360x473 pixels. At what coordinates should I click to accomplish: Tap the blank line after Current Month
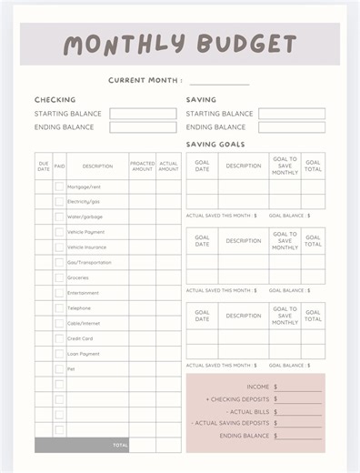(218, 81)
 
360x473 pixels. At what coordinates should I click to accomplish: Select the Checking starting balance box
(143, 114)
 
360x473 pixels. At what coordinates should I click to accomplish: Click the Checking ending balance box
(143, 127)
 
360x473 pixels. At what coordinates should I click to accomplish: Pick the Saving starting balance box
(291, 114)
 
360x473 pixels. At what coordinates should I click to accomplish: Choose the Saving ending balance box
(291, 127)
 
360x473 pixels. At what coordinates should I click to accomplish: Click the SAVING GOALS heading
(215, 144)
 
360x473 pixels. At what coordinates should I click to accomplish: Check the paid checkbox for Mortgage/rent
(59, 186)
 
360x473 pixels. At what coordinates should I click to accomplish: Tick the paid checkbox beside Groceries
(59, 277)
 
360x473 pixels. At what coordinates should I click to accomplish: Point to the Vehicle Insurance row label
(87, 247)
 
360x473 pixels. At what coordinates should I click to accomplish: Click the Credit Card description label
(81, 338)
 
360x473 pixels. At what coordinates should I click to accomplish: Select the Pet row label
(71, 369)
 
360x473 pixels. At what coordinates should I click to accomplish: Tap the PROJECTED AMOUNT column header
(142, 166)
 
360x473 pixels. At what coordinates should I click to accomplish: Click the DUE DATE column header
(44, 166)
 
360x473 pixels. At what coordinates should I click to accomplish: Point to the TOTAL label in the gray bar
(120, 446)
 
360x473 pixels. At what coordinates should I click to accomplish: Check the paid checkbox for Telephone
(59, 307)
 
